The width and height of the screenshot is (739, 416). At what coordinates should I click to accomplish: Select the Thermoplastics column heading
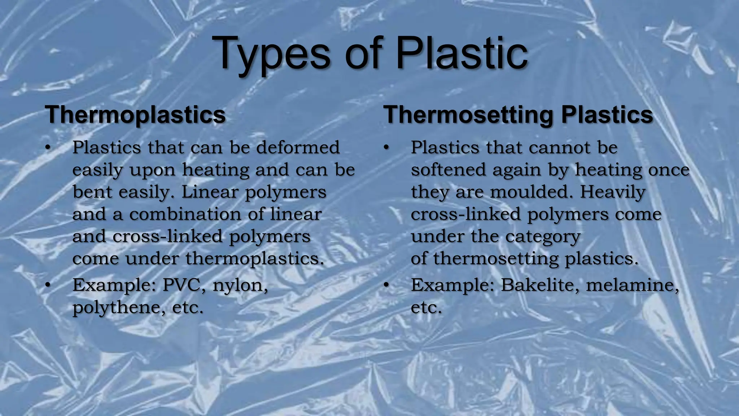pyautogui.click(x=135, y=115)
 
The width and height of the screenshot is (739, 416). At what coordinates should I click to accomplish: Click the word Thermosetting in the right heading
pyautogui.click(x=468, y=115)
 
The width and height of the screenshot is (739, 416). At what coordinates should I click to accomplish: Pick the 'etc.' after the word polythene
pyautogui.click(x=188, y=308)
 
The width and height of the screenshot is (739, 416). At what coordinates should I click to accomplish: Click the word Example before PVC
pyautogui.click(x=114, y=286)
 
